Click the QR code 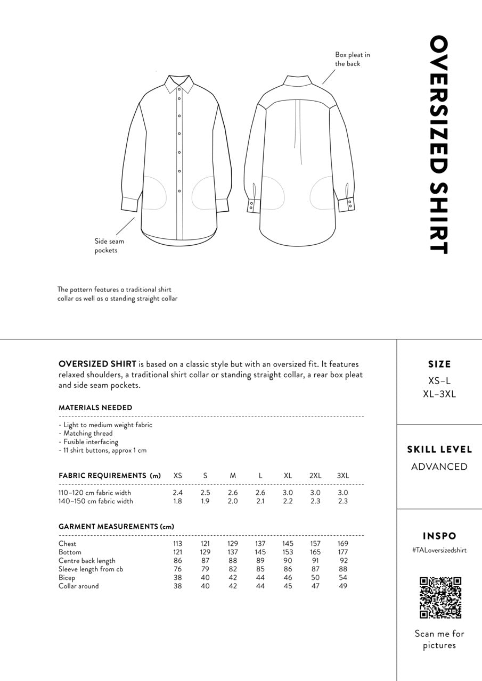coord(440,597)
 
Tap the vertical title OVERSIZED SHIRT coord(438,145)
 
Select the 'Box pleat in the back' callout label coord(353,59)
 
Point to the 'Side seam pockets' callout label coord(109,246)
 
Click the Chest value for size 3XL coord(342,544)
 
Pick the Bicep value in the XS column coord(177,578)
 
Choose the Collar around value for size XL coord(288,586)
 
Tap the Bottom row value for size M coord(233,552)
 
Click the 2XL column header coord(315,476)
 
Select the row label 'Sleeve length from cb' coord(91,569)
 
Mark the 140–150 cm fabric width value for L coord(260,501)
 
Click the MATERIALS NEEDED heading coord(95,408)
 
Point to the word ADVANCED coord(439,467)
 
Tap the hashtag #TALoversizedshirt coord(439,550)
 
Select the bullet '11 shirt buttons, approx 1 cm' coord(103,450)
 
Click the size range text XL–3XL coord(439,394)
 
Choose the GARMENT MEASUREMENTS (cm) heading coord(116,527)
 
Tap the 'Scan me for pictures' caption coord(439,640)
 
